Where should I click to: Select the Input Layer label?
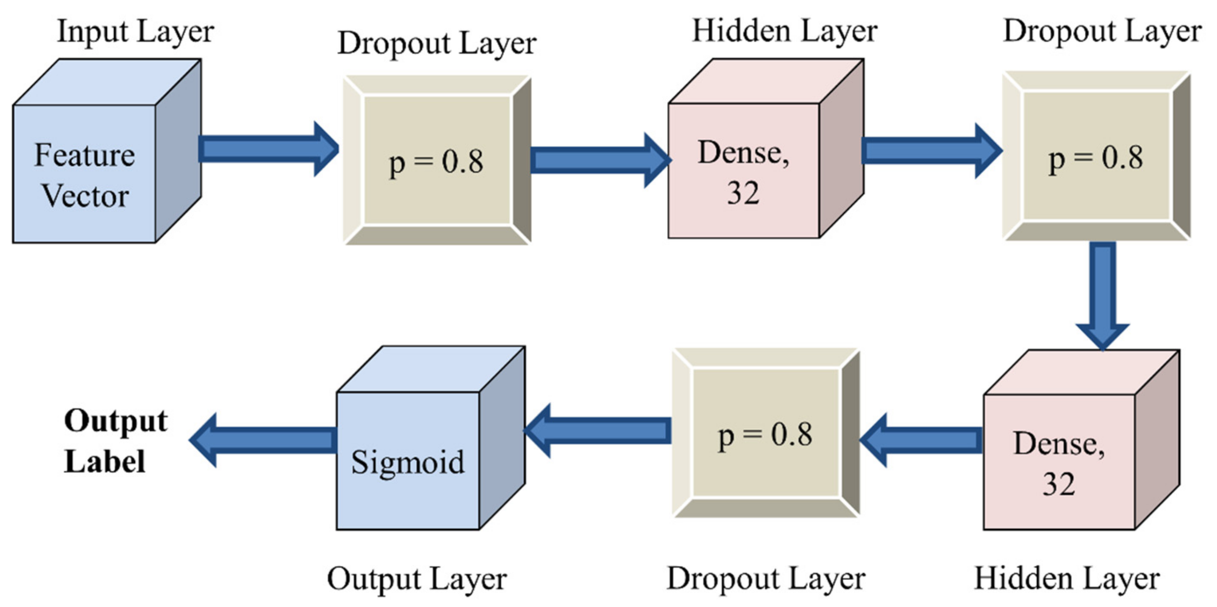coord(135,32)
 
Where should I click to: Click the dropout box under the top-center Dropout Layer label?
coord(437,161)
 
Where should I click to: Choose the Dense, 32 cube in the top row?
coord(744,170)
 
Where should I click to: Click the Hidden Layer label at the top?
coord(784,32)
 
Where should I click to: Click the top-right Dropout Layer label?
coord(1102,32)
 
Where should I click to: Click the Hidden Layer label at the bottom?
coord(1067,579)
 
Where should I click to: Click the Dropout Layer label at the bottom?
coord(765,579)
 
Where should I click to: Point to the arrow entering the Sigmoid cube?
coord(597,431)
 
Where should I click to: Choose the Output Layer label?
coord(416,579)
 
